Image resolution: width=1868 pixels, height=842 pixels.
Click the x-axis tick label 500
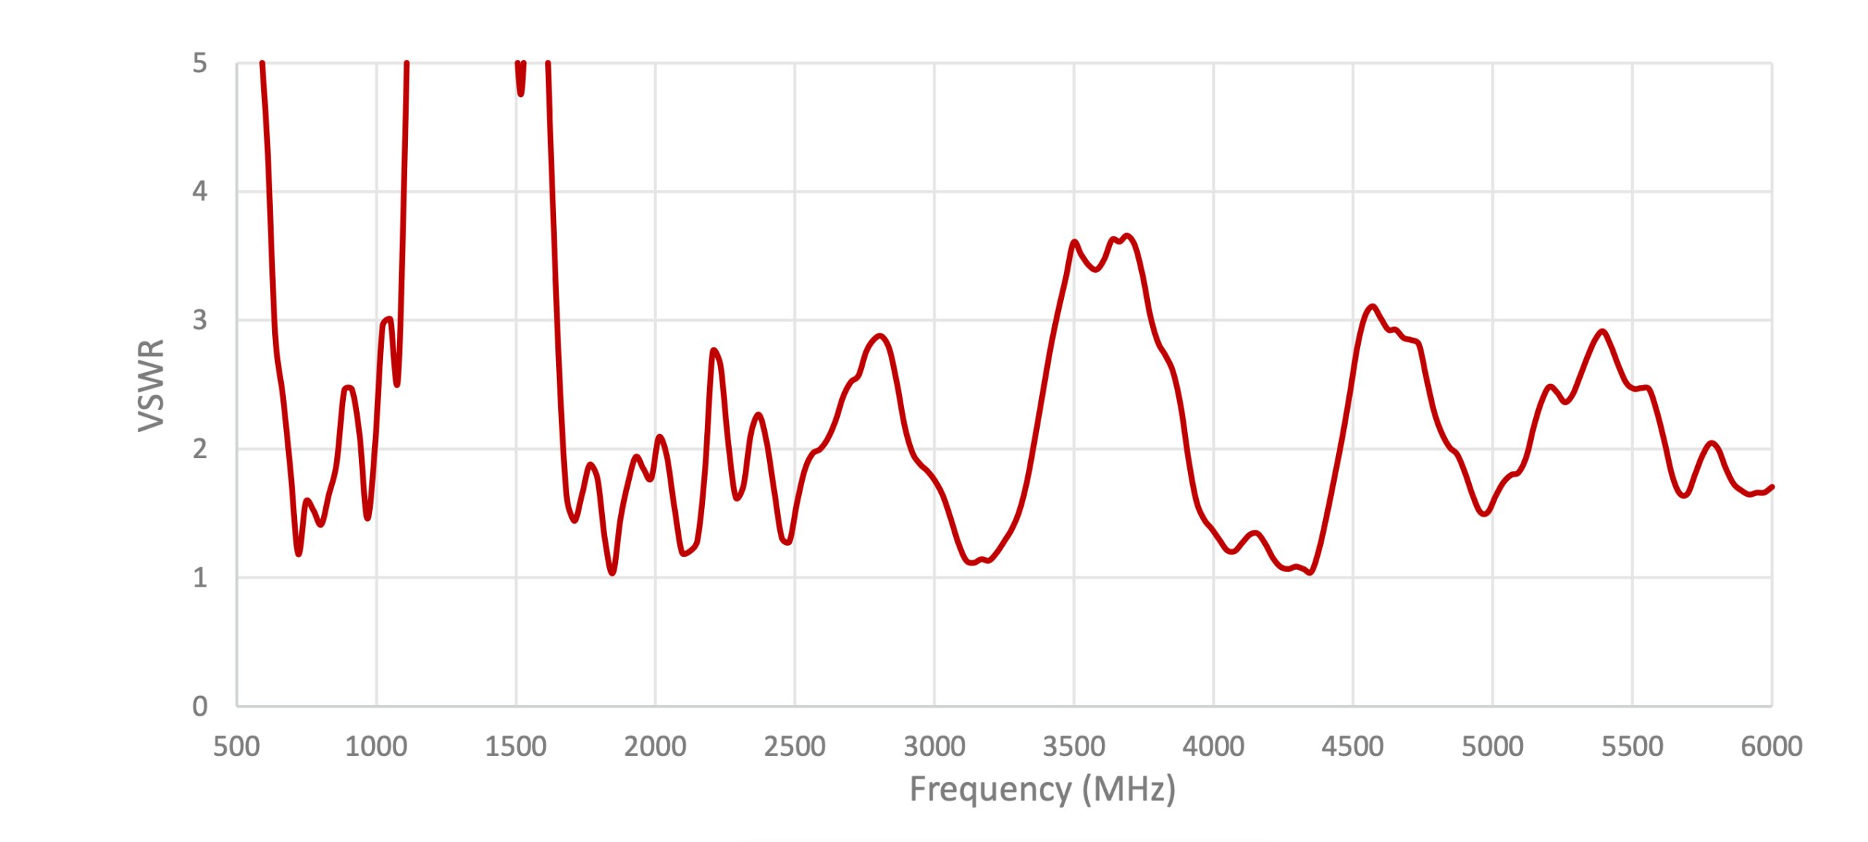(x=236, y=746)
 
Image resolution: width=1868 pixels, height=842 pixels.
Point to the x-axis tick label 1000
(x=376, y=746)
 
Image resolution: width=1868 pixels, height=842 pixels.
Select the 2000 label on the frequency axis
(x=655, y=746)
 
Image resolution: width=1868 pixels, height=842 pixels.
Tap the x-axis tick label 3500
(x=1073, y=746)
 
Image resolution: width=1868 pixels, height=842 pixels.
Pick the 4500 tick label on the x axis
(x=1352, y=746)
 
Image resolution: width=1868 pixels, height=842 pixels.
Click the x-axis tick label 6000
(x=1771, y=746)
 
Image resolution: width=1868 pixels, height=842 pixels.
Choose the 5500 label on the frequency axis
(x=1632, y=746)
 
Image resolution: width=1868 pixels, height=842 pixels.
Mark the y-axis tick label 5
(x=199, y=63)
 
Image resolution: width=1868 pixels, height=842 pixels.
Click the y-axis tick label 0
(x=199, y=706)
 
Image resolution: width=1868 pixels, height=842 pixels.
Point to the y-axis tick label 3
(x=199, y=320)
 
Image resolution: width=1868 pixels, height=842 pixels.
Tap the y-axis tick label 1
(x=199, y=578)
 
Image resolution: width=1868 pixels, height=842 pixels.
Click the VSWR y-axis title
(x=151, y=385)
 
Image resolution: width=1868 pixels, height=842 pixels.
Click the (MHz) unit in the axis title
(x=1129, y=789)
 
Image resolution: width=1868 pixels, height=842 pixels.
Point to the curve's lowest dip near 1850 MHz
(x=611, y=573)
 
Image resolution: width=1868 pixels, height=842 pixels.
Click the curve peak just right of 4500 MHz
(x=1373, y=306)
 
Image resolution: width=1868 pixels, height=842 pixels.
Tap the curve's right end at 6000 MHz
(x=1771, y=487)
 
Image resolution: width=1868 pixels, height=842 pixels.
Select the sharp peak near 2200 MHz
(x=713, y=351)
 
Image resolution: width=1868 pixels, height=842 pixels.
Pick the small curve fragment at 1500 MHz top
(x=520, y=80)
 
